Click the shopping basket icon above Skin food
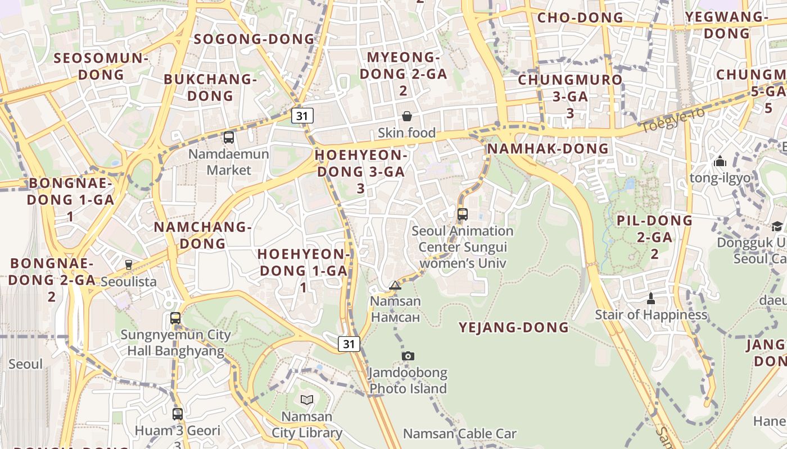click(406, 116)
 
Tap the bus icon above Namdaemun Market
click(228, 137)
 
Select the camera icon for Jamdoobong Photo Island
click(408, 356)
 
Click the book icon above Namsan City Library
click(306, 400)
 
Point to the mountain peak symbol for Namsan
click(395, 285)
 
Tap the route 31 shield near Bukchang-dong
click(302, 116)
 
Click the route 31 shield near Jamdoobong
click(349, 343)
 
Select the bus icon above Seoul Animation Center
click(462, 214)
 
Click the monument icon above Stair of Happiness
click(651, 298)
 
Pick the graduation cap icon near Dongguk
click(777, 226)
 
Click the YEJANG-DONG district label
click(514, 328)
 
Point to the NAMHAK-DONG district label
click(548, 149)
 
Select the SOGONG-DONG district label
click(254, 39)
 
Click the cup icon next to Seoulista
click(129, 264)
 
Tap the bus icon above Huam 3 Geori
click(177, 414)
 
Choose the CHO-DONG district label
click(580, 18)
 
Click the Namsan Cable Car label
click(460, 433)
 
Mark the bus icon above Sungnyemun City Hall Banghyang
click(175, 318)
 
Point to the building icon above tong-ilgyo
click(720, 162)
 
